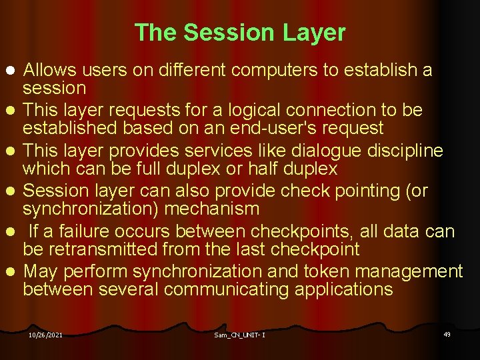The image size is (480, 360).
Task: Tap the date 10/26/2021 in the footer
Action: [45, 335]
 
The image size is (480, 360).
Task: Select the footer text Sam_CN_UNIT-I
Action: [240, 335]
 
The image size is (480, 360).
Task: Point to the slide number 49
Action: [447, 333]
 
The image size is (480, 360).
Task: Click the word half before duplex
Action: [262, 169]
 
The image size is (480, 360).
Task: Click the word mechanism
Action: [211, 209]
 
